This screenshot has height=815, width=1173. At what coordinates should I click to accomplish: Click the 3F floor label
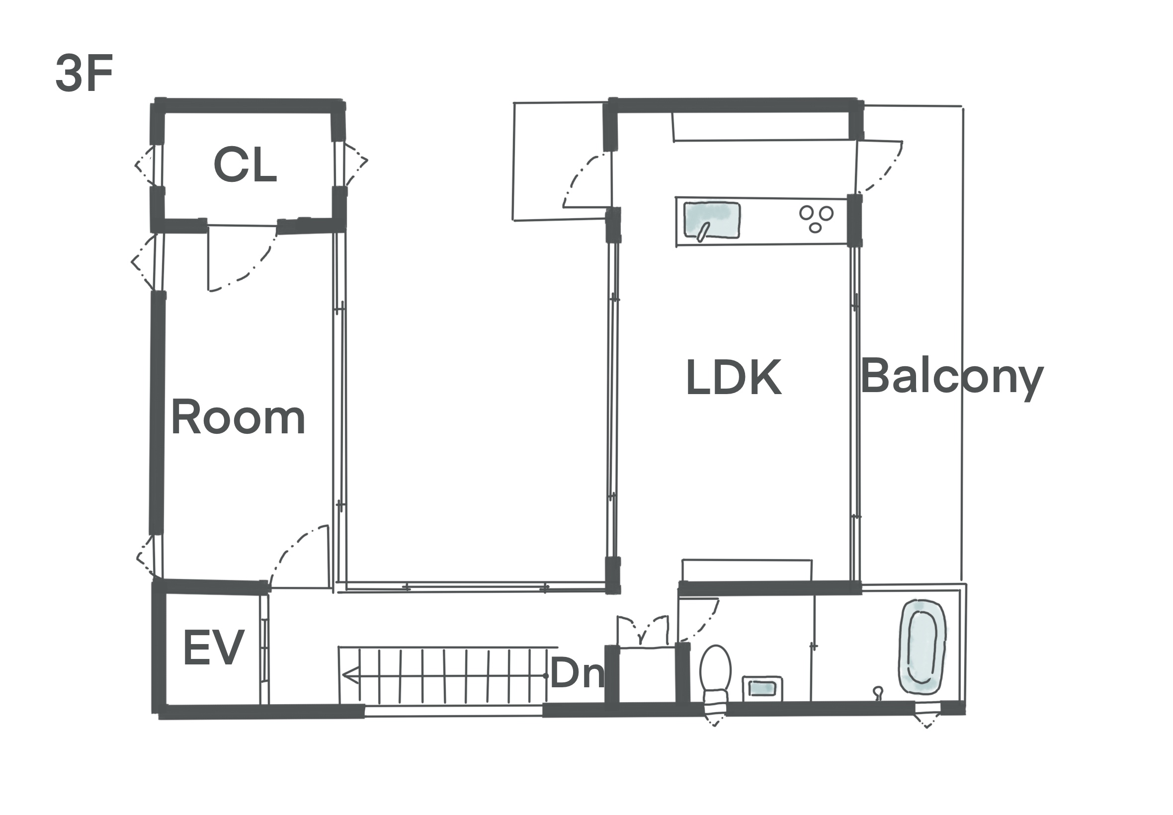point(84,74)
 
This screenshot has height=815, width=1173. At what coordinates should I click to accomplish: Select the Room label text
point(238,417)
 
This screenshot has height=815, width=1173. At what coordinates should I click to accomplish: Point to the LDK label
point(733,377)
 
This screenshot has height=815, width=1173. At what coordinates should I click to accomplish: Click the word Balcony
point(952,378)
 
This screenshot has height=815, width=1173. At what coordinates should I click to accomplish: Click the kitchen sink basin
point(711,221)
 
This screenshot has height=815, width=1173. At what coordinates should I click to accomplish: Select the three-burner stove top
point(816,219)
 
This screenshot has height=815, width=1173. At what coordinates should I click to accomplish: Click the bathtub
point(922,647)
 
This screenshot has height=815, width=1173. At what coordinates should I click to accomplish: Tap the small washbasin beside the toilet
point(762,688)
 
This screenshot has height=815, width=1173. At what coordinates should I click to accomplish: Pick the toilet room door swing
point(699,620)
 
